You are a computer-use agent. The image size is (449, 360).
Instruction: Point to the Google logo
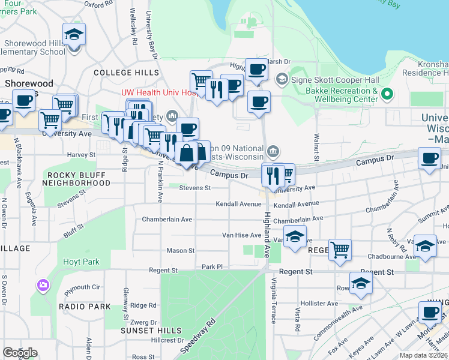click(x=20, y=353)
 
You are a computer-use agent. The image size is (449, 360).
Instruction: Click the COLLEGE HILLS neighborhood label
click(x=126, y=73)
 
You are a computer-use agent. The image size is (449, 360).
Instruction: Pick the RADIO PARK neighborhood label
click(x=85, y=306)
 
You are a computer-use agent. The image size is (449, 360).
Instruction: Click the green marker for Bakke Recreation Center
click(x=387, y=94)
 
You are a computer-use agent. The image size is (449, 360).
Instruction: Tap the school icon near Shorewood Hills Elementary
click(x=74, y=35)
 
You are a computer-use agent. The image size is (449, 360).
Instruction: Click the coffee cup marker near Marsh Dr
click(x=256, y=70)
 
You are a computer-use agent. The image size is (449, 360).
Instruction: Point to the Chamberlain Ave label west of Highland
click(x=167, y=220)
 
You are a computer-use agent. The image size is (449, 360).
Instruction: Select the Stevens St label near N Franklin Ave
click(x=195, y=188)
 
